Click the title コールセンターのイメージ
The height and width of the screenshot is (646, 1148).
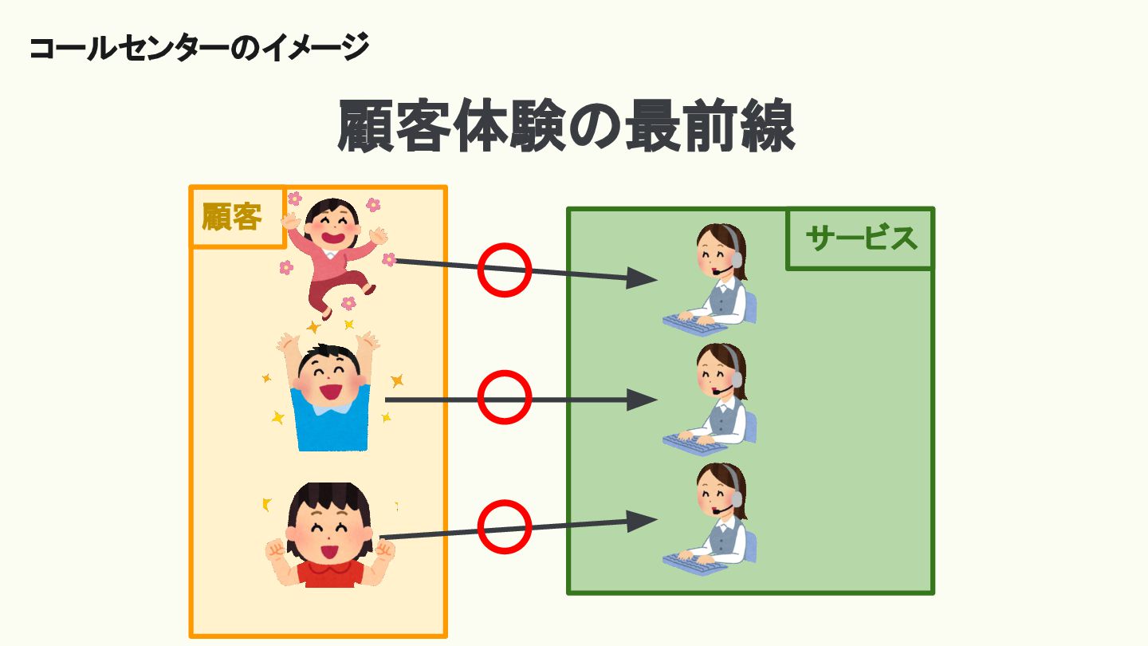coord(199,48)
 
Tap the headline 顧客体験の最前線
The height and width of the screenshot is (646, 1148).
coord(566,126)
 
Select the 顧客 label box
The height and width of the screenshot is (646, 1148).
coord(236,217)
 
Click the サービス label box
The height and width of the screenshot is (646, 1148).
coord(860,238)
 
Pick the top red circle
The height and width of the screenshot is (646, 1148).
coord(505,270)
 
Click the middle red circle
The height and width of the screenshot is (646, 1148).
coord(505,396)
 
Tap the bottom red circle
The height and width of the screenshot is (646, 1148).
coord(505,526)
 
